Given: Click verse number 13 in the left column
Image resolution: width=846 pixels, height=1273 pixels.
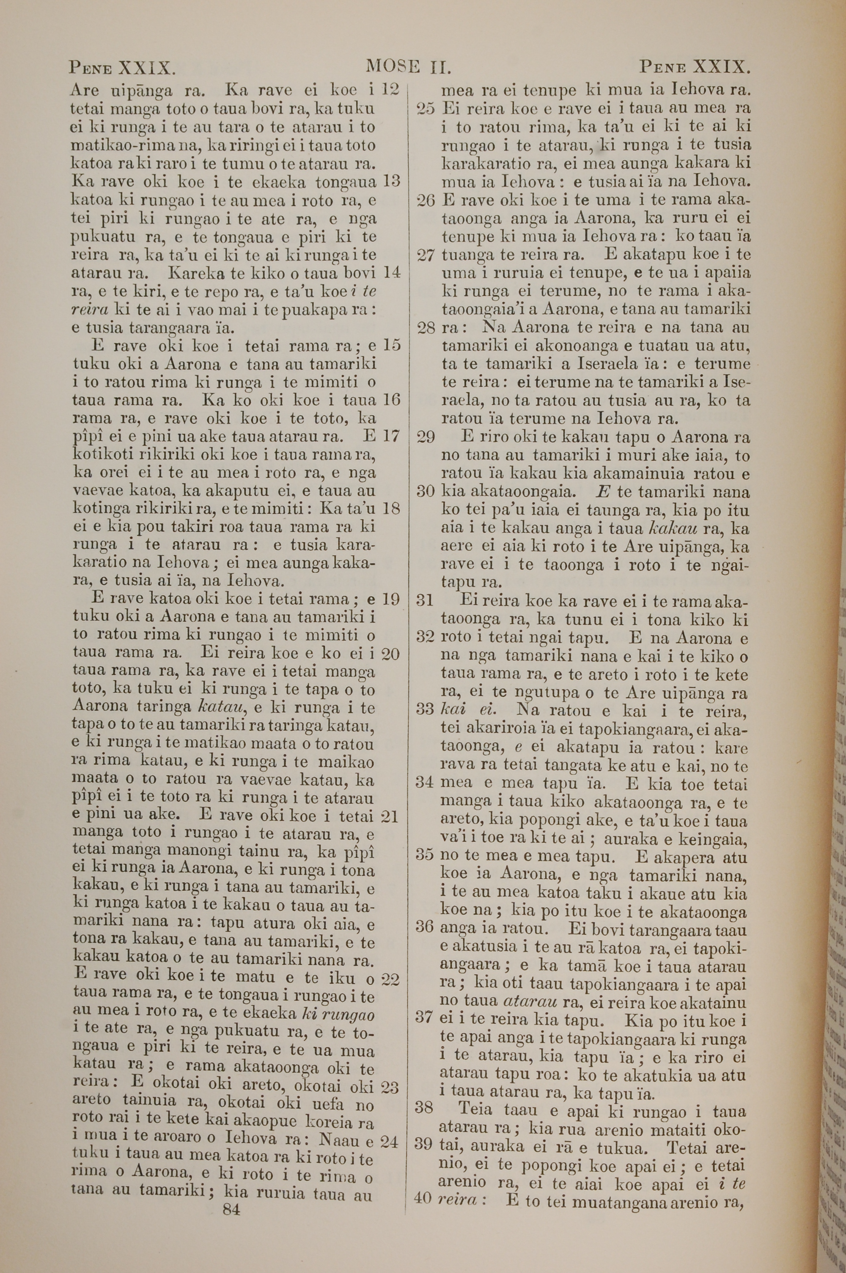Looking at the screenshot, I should point(390,181).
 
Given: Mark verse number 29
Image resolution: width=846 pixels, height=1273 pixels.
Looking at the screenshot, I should point(426,437).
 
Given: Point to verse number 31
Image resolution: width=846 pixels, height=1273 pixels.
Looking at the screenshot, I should point(426,600).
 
